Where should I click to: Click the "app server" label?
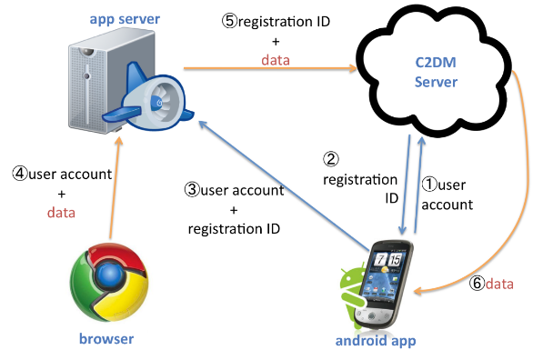(x=125, y=19)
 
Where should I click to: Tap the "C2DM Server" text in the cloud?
(x=436, y=73)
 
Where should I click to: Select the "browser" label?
(x=106, y=338)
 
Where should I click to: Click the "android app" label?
(x=376, y=341)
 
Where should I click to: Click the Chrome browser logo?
(x=109, y=282)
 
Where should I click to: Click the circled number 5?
(x=229, y=21)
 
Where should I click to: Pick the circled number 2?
(x=331, y=159)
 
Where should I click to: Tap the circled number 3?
(x=192, y=190)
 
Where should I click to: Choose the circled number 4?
(x=20, y=174)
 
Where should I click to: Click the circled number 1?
(x=429, y=185)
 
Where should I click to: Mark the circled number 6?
(x=477, y=283)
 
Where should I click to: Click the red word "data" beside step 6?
(x=499, y=284)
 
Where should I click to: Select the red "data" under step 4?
(x=61, y=213)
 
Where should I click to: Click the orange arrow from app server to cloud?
(x=270, y=68)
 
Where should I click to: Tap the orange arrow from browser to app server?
(x=115, y=188)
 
